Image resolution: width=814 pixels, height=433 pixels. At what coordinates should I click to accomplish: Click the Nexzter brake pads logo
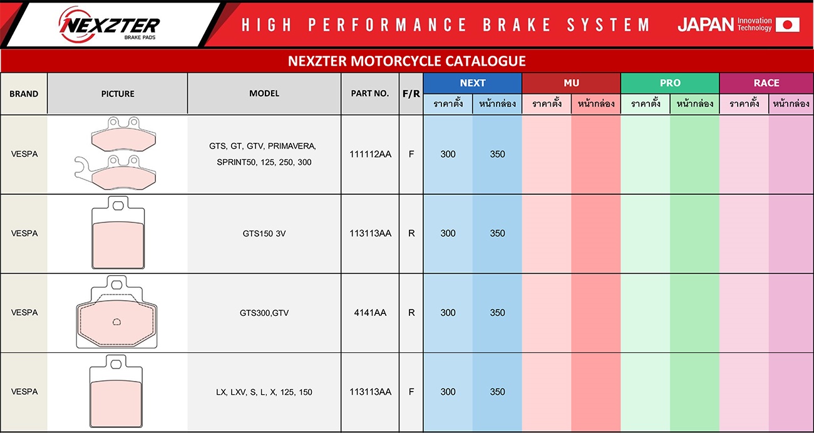pos(109,24)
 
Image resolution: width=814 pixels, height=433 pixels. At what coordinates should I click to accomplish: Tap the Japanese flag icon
pos(788,24)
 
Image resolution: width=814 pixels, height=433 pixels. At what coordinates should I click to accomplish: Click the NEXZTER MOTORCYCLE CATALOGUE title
pos(406,61)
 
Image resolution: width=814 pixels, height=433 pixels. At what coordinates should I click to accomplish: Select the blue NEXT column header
pos(472,83)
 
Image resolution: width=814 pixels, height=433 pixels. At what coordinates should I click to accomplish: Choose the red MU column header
pos(571,83)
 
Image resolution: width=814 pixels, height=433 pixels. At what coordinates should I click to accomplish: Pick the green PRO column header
pos(670,83)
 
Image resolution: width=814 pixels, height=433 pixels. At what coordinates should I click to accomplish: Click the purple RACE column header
pos(766,83)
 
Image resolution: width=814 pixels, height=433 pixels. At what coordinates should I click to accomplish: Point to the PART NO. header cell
pos(370,93)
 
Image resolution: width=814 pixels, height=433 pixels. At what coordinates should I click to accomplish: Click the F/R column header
pos(411,94)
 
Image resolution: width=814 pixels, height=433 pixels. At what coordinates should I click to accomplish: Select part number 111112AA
pos(370,154)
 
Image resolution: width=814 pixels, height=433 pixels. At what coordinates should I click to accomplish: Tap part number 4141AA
pos(370,313)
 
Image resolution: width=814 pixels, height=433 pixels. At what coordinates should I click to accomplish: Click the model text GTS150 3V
pos(264,233)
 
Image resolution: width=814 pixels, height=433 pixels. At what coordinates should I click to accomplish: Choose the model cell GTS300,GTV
pos(264,313)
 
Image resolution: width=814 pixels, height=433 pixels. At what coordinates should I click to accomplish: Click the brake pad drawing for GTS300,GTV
pos(116,312)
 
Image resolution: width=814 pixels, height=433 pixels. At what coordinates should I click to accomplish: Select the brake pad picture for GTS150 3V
pos(118,232)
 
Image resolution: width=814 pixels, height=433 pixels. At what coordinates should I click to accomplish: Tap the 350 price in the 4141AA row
pos(497,313)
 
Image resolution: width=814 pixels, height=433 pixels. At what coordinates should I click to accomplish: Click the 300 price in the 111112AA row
pos(448,154)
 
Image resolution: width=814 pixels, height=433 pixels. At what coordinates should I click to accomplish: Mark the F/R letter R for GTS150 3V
pos(411,233)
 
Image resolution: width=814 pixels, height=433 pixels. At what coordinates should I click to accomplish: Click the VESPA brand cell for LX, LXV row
pos(24,392)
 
